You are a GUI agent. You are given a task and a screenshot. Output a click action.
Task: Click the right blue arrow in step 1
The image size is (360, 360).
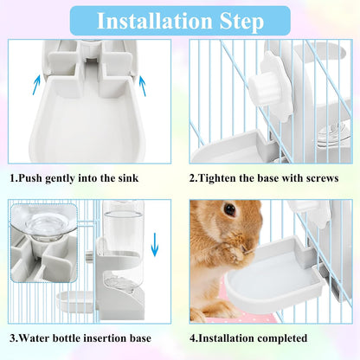[140, 84]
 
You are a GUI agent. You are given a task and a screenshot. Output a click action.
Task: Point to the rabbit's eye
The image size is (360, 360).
[229, 209]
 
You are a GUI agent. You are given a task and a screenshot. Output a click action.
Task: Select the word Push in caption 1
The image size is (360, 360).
[35, 177]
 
